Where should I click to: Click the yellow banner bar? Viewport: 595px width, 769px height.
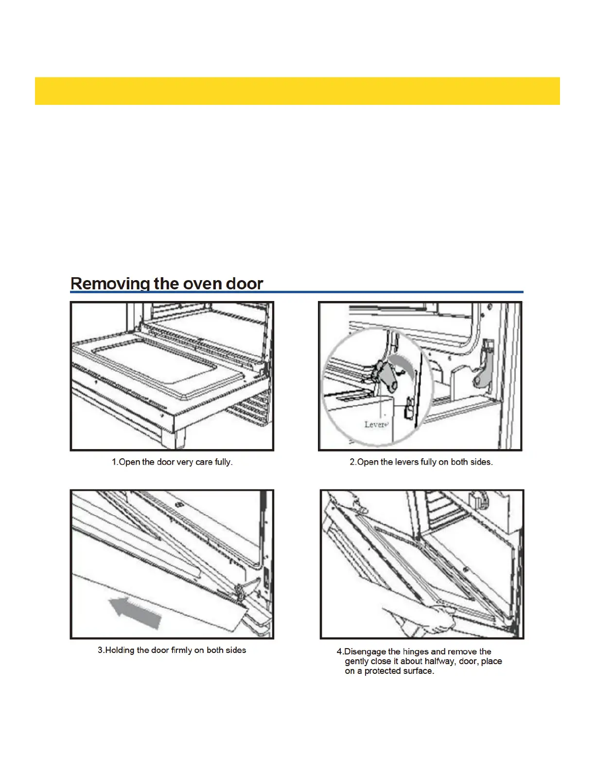(x=297, y=91)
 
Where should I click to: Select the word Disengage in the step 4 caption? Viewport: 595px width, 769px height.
(x=366, y=652)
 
